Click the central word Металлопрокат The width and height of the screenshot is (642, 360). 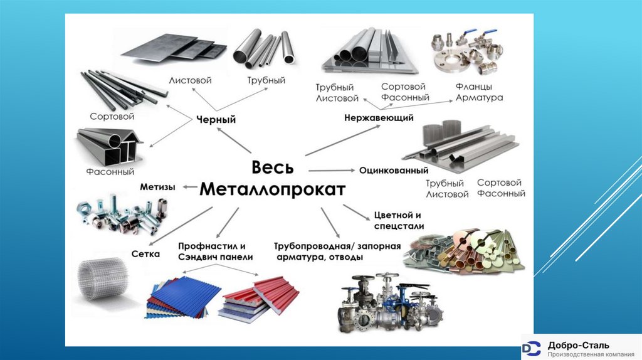[x=272, y=189]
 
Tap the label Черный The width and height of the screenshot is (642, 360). [x=216, y=119]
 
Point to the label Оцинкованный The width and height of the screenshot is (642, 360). [x=394, y=171]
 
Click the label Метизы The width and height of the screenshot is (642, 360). [x=157, y=187]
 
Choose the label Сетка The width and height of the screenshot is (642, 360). [x=145, y=254]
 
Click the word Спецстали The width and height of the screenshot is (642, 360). [x=399, y=226]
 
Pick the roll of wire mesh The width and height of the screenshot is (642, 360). [x=103, y=279]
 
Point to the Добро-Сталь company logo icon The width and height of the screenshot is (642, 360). [x=532, y=347]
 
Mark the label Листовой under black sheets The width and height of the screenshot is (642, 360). [x=190, y=81]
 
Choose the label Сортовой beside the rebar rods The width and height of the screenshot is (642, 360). [x=112, y=117]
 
